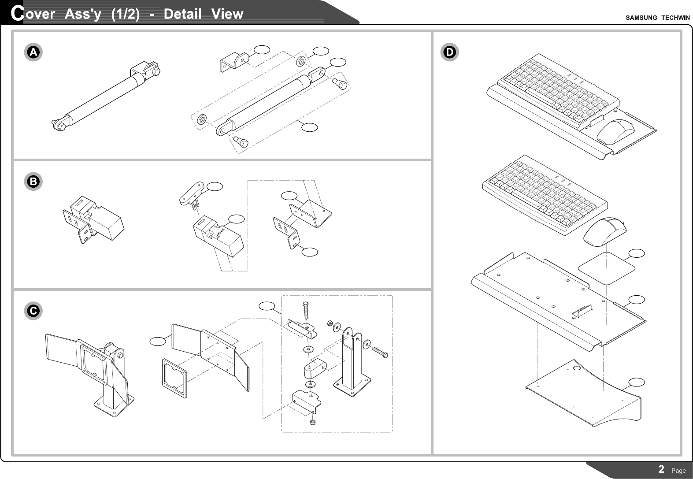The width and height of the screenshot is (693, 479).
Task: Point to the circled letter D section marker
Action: (x=449, y=52)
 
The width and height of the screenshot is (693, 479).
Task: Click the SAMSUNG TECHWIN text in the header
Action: (x=658, y=18)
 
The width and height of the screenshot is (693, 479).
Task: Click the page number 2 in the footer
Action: (x=661, y=469)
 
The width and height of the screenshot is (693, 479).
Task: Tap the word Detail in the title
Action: (x=182, y=14)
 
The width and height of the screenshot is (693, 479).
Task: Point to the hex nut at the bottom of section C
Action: (x=312, y=422)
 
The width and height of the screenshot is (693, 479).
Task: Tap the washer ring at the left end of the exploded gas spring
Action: (x=203, y=119)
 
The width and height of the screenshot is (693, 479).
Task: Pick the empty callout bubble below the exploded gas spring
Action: (x=310, y=127)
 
